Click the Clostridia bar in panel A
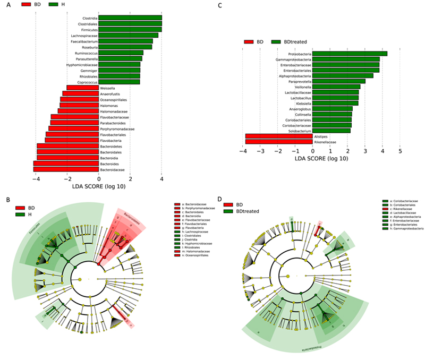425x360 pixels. click(x=130, y=18)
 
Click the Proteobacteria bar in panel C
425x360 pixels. click(x=350, y=54)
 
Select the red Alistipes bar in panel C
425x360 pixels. click(x=279, y=136)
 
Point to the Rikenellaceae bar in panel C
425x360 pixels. click(x=279, y=142)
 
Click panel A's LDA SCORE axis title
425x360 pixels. click(x=99, y=186)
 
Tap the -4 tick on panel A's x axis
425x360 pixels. click(x=35, y=178)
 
